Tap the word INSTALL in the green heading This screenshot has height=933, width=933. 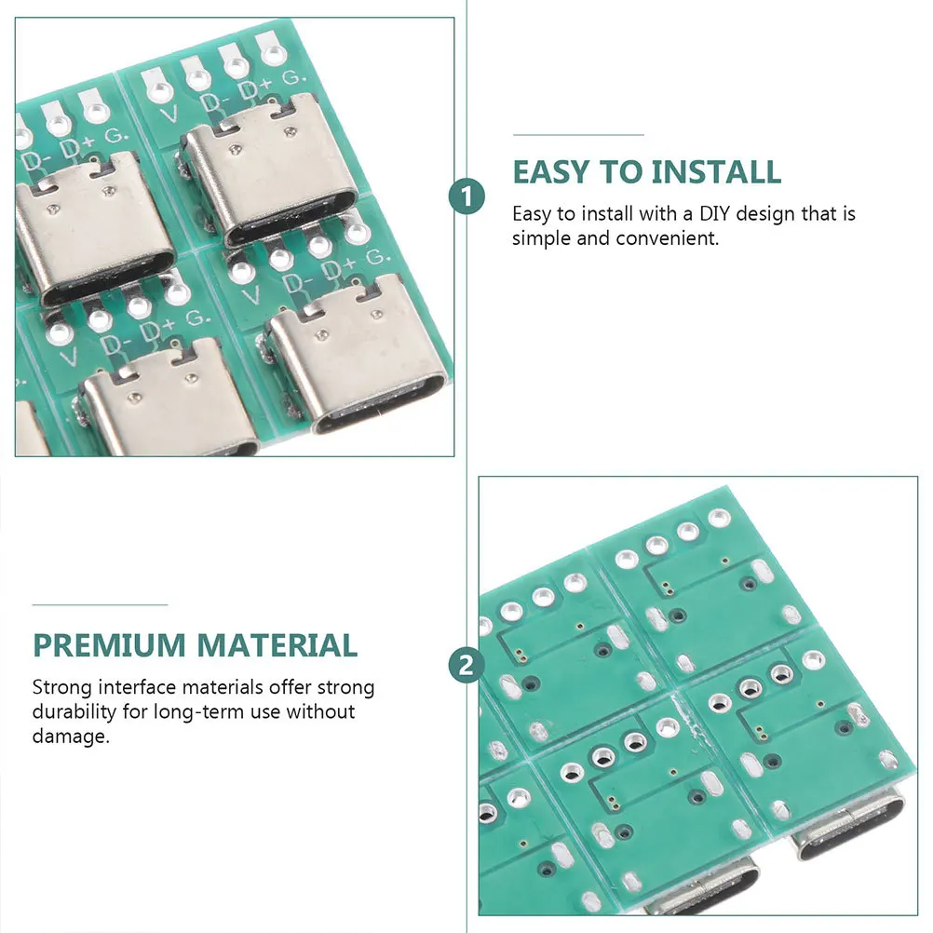(x=715, y=172)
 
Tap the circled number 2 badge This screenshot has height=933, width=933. (x=466, y=665)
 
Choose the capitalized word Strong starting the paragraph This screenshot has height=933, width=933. (x=59, y=688)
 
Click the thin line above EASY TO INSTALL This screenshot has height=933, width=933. (x=578, y=135)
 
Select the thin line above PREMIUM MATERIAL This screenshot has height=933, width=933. (x=100, y=605)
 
